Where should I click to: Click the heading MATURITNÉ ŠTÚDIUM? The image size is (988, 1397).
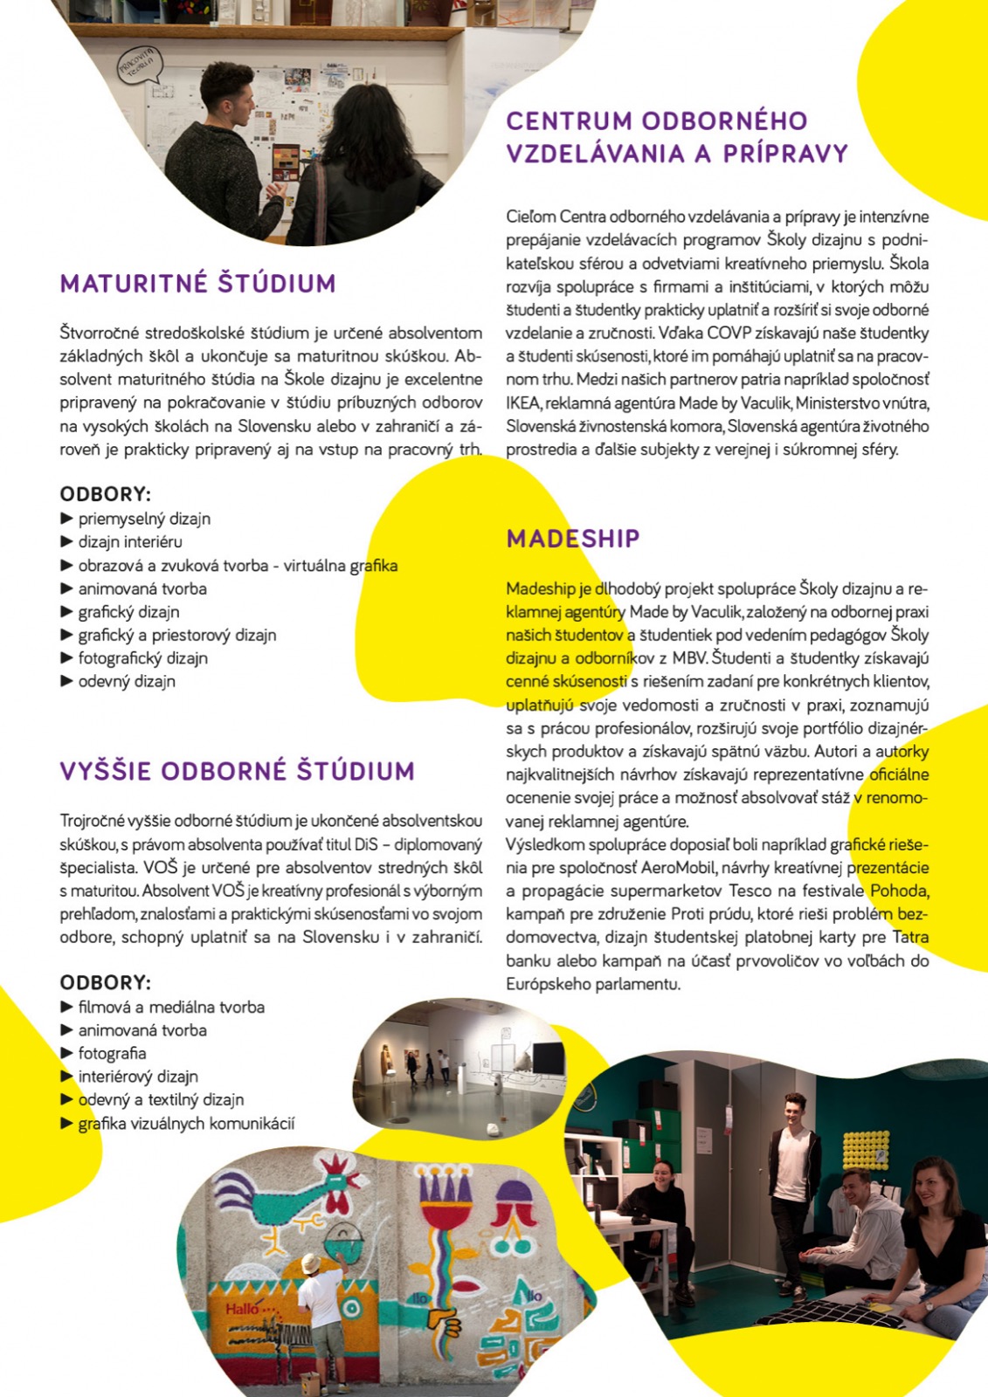(197, 284)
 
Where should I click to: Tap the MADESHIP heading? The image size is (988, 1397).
(573, 539)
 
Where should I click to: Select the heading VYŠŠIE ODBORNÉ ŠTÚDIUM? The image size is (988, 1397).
(237, 772)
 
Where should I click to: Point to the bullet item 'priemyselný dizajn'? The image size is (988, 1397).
(144, 519)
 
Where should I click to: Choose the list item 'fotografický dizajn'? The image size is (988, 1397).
(142, 658)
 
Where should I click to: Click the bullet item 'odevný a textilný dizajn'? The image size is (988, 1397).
(161, 1100)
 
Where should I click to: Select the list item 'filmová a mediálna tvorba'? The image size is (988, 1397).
(171, 1008)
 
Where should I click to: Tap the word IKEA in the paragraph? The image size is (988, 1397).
(523, 403)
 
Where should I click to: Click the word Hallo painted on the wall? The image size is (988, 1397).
(242, 1309)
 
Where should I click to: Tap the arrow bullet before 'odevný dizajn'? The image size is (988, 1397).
(66, 681)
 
